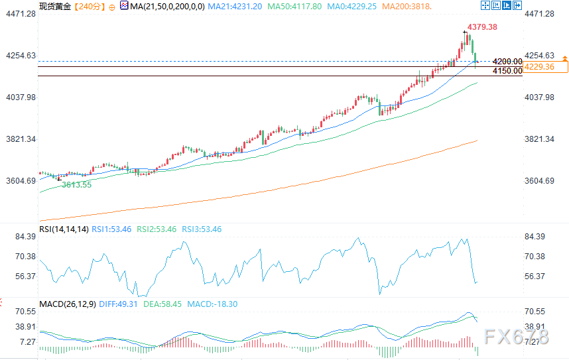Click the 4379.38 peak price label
[x=482, y=27]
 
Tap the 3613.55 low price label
[x=76, y=185]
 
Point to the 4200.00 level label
[x=507, y=62]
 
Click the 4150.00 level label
[x=507, y=71]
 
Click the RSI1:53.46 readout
[x=110, y=229]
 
